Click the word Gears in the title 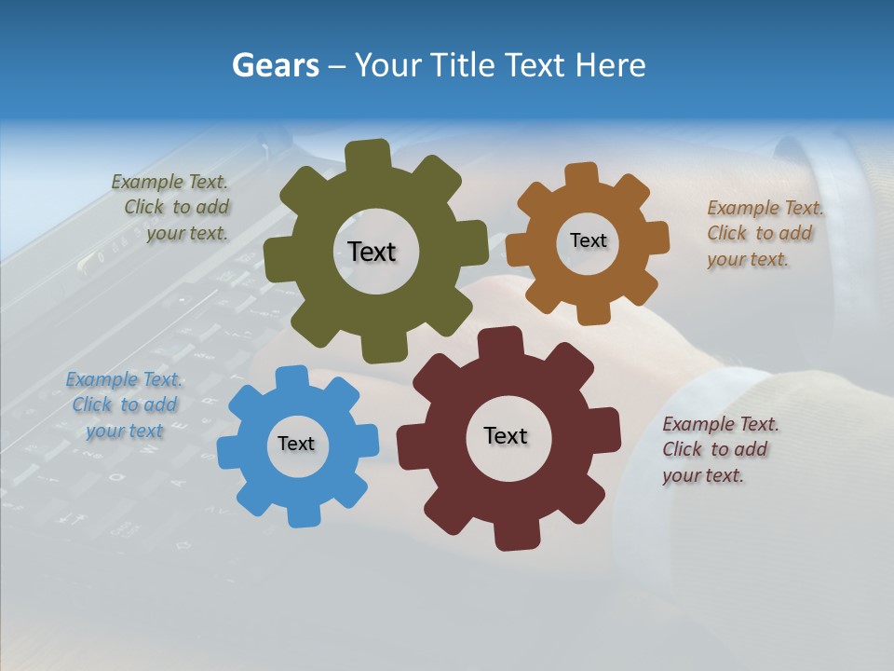[x=276, y=65]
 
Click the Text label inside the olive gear [x=372, y=252]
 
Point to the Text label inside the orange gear [x=588, y=240]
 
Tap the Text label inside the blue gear [x=296, y=444]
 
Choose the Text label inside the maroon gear [x=506, y=435]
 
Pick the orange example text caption [x=764, y=233]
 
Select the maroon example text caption [x=719, y=449]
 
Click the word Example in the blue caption [x=102, y=379]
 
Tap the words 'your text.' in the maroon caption [x=702, y=475]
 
